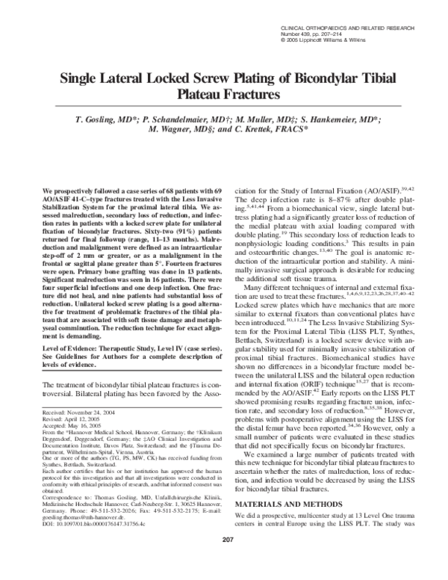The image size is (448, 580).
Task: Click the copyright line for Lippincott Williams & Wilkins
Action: pos(317,41)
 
